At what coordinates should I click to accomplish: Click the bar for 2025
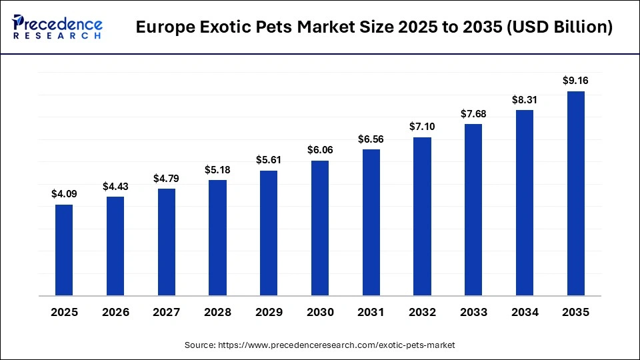[x=64, y=250]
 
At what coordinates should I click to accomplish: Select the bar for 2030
[x=320, y=228]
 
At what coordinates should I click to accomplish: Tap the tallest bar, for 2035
[x=575, y=193]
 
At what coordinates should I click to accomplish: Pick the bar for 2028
[x=217, y=238]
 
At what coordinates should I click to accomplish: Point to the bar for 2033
[x=473, y=210]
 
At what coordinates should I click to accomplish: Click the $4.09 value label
[x=64, y=194]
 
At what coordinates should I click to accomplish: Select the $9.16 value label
[x=575, y=81]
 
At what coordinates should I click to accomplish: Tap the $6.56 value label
[x=371, y=139]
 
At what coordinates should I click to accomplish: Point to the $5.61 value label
[x=269, y=160]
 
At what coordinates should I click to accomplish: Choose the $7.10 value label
[x=422, y=127]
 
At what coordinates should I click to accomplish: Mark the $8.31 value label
[x=524, y=99]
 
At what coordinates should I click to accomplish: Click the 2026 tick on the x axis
[x=115, y=313]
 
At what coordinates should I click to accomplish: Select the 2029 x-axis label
[x=269, y=313]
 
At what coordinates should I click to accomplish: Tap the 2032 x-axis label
[x=422, y=313]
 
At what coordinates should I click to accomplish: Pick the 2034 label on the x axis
[x=524, y=313]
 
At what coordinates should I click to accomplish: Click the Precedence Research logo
[x=57, y=27]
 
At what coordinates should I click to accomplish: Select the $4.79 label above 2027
[x=167, y=178]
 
